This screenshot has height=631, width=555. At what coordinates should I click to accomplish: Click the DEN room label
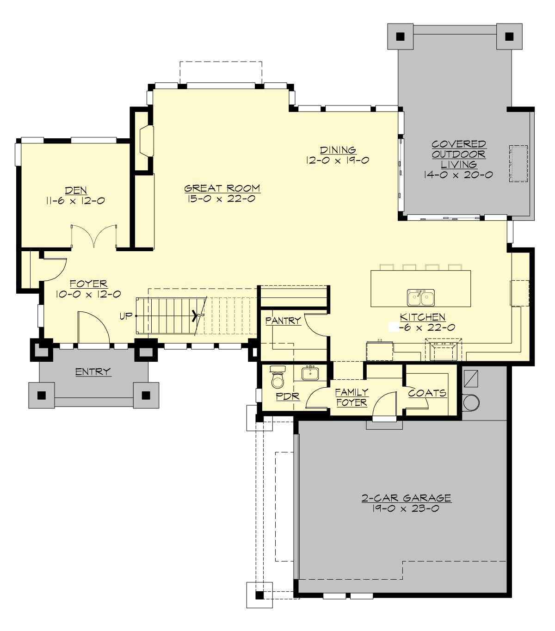tap(76, 190)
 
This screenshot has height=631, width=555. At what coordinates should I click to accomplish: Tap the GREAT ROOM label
tap(222, 188)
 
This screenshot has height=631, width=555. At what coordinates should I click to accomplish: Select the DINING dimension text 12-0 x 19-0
tap(338, 160)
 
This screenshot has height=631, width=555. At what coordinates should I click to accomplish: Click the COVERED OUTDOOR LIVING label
tap(458, 155)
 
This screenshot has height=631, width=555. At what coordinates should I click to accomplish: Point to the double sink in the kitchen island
tap(420, 297)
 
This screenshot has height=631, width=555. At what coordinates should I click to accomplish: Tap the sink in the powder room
tap(310, 373)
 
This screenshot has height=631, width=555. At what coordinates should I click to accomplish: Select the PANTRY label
tap(283, 320)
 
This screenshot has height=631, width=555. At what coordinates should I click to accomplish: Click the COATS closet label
tap(427, 393)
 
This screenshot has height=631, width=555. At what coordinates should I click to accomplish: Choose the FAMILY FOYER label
tap(351, 397)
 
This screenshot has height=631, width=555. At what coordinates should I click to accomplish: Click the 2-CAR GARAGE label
tap(406, 498)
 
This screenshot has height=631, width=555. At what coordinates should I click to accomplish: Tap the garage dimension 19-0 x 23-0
tap(405, 508)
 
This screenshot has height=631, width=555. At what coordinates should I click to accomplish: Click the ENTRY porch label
tap(93, 371)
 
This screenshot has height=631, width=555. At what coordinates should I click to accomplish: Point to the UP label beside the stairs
tap(126, 316)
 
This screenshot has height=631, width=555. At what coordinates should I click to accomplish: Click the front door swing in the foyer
tap(93, 328)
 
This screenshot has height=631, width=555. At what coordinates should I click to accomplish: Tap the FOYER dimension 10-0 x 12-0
tap(88, 294)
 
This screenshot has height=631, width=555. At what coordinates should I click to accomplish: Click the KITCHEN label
tap(422, 317)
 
